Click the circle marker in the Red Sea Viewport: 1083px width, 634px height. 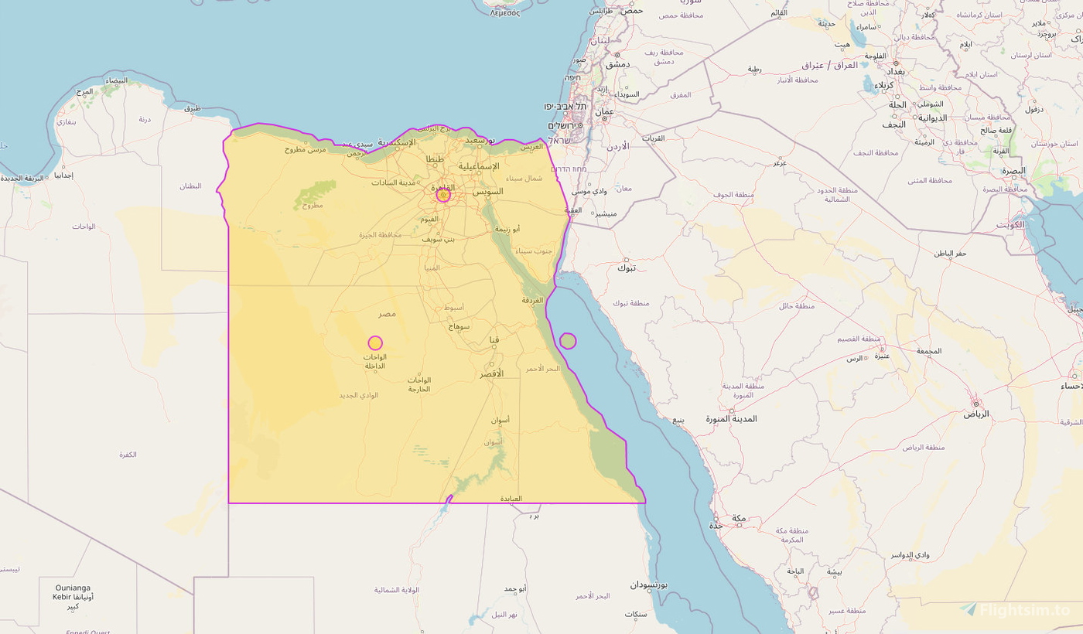click(568, 341)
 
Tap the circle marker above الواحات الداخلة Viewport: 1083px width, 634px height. click(375, 343)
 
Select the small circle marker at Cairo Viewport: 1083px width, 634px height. click(443, 196)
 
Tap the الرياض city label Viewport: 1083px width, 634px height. click(975, 414)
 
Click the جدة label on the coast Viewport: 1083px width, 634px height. click(716, 526)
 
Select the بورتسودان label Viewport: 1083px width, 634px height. click(647, 585)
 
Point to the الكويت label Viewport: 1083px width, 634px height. click(1010, 225)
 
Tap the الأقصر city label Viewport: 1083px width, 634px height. click(491, 373)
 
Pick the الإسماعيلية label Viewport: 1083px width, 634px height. click(478, 166)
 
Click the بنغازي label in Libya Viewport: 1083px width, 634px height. click(66, 122)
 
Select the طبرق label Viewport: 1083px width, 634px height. click(193, 108)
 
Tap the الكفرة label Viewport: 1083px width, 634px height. click(128, 454)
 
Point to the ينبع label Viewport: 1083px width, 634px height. click(678, 421)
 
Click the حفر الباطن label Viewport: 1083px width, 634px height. click(950, 254)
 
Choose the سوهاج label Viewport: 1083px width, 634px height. click(460, 326)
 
